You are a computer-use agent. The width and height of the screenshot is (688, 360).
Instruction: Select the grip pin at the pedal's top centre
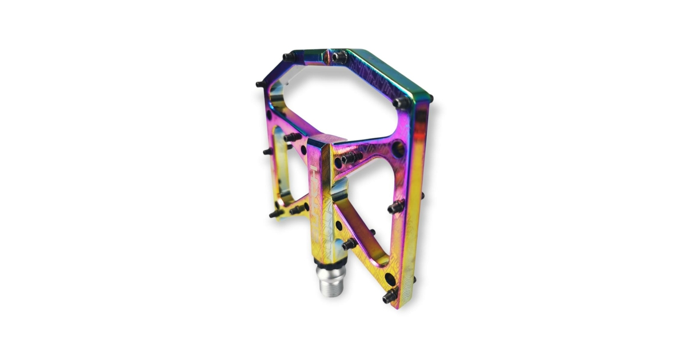pyautogui.click(x=339, y=57)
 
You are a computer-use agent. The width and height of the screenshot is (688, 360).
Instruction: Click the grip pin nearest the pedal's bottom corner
pyautogui.click(x=390, y=295)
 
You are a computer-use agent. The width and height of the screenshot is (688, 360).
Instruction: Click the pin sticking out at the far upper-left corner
pyautogui.click(x=261, y=84)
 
